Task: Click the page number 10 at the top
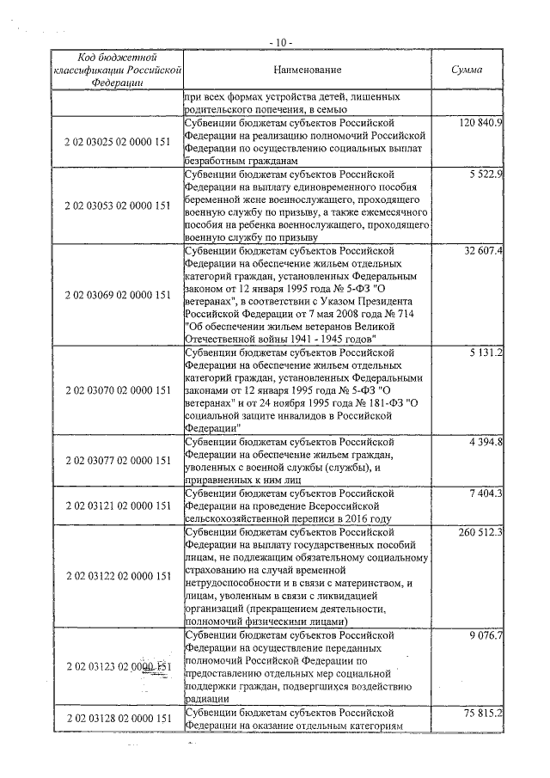(278, 41)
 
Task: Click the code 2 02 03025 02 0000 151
(119, 143)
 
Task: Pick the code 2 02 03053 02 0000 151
(119, 206)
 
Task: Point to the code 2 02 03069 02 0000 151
(119, 295)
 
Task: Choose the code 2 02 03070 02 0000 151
(119, 389)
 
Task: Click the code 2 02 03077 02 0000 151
(119, 461)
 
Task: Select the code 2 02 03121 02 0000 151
(119, 506)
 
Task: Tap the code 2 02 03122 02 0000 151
(119, 575)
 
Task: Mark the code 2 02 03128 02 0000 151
(119, 718)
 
